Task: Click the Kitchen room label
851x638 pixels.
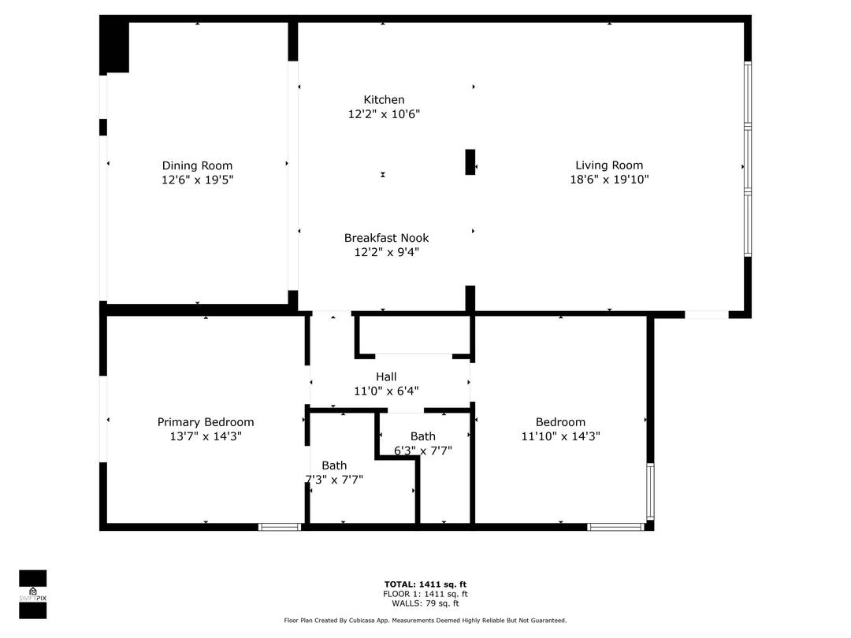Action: point(384,100)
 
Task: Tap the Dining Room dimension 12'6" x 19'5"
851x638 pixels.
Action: point(197,180)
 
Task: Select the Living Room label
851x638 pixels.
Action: point(608,165)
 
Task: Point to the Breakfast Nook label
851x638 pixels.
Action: point(386,238)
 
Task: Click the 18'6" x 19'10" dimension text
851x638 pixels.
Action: point(608,180)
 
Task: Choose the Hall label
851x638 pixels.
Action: point(386,376)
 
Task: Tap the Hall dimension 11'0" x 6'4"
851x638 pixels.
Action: point(386,391)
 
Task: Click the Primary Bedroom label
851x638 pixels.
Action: point(206,422)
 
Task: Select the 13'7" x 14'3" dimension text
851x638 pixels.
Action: point(206,436)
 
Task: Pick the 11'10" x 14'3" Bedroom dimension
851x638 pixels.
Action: point(560,436)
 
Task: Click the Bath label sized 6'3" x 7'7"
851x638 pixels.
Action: point(422,436)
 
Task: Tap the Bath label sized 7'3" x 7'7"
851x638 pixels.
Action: point(334,466)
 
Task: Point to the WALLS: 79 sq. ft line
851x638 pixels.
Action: point(425,603)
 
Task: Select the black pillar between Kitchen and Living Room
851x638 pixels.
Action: point(470,162)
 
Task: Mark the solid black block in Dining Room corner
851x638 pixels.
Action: point(115,46)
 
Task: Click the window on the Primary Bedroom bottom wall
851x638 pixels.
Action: point(280,526)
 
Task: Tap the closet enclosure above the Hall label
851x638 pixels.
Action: point(414,336)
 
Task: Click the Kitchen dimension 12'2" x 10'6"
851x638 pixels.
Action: point(384,114)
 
